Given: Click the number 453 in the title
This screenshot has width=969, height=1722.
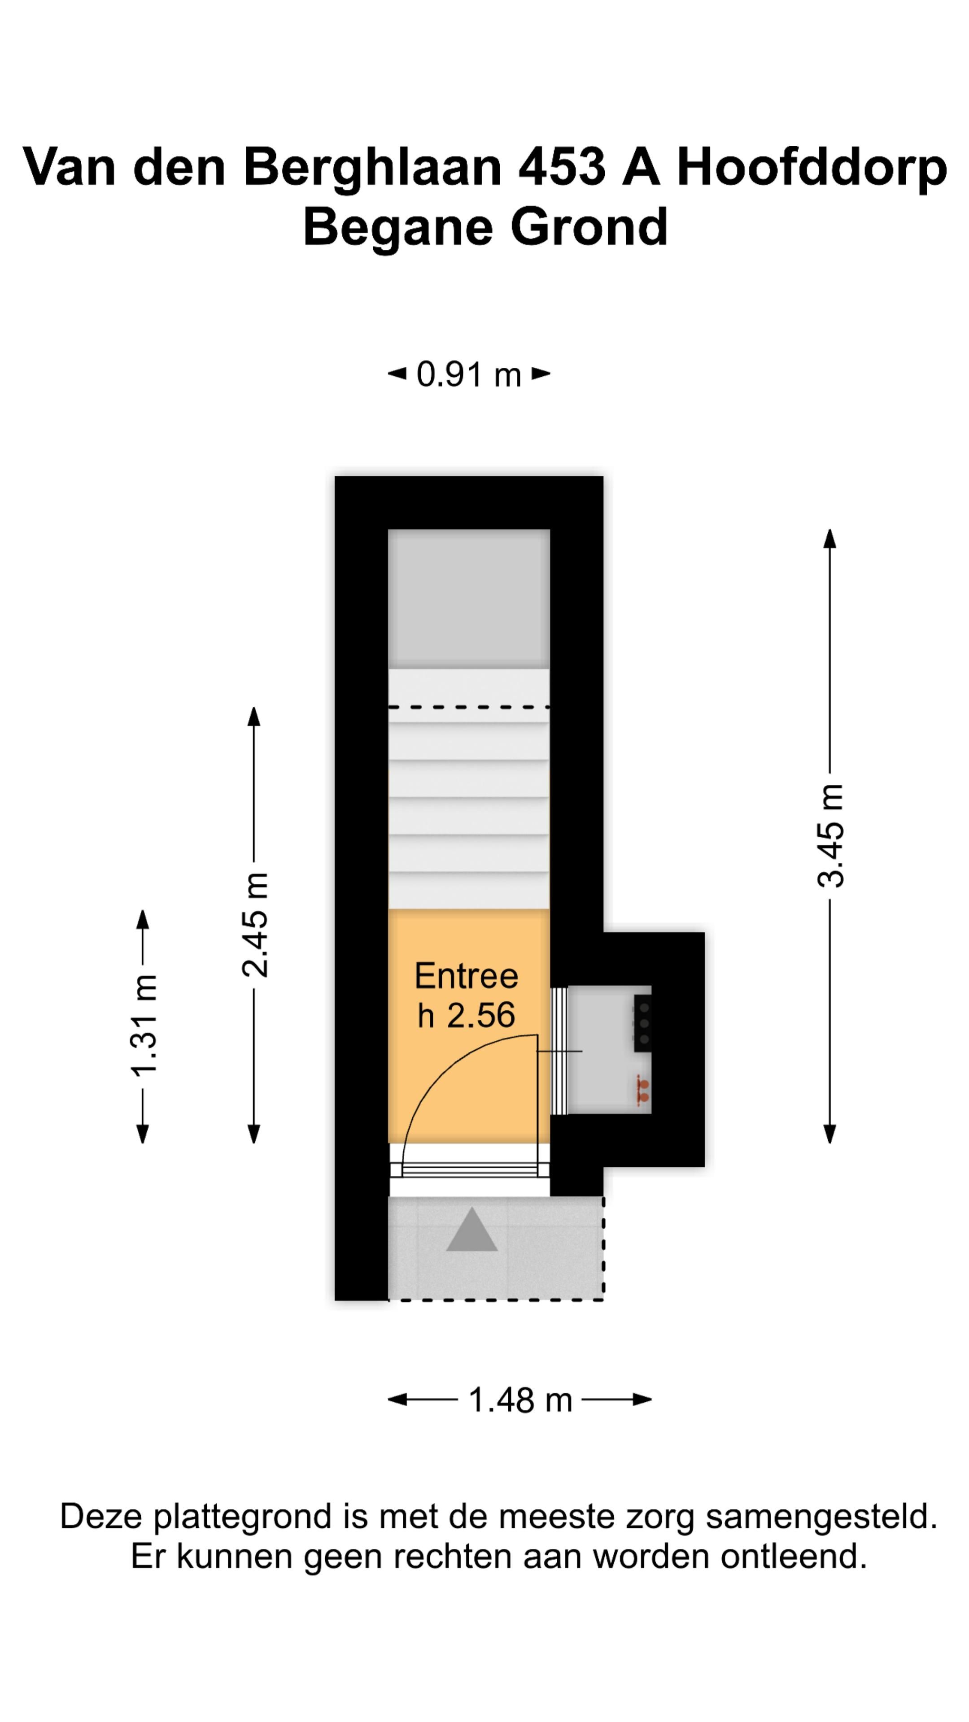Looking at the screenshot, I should [x=561, y=167].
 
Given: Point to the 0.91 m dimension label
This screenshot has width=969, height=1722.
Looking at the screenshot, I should [x=468, y=374].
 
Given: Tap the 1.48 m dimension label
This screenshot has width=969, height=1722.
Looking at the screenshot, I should [x=520, y=1399].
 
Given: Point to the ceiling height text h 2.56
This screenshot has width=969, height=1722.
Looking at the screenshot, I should [x=466, y=1015].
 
